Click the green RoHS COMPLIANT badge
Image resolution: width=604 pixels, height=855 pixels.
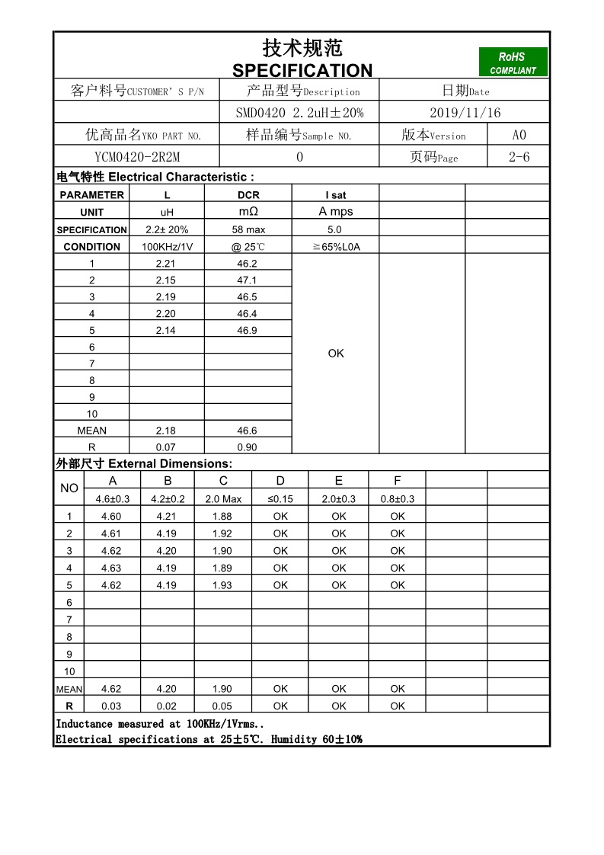click(513, 62)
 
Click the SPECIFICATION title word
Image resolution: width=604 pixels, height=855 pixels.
click(302, 71)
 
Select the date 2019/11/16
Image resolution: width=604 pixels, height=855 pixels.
click(465, 113)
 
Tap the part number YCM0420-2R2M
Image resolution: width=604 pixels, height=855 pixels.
click(137, 157)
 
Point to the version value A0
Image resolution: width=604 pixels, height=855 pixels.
click(519, 135)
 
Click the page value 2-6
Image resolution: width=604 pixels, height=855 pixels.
click(519, 157)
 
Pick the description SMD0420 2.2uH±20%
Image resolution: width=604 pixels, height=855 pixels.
click(299, 113)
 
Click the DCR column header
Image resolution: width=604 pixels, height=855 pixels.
click(248, 195)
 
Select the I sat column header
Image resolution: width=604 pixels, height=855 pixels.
click(335, 195)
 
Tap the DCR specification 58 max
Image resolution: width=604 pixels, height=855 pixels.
click(248, 229)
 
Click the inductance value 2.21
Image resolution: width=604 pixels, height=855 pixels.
click(166, 264)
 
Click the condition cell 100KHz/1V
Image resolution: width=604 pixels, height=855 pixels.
click(168, 247)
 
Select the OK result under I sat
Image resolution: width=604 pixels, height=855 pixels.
click(336, 354)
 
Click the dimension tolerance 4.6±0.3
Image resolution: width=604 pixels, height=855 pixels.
click(113, 499)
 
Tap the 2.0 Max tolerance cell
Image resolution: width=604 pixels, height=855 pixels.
click(223, 499)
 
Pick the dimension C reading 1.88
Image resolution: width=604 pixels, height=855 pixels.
click(222, 517)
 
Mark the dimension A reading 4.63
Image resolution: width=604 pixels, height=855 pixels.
click(111, 568)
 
